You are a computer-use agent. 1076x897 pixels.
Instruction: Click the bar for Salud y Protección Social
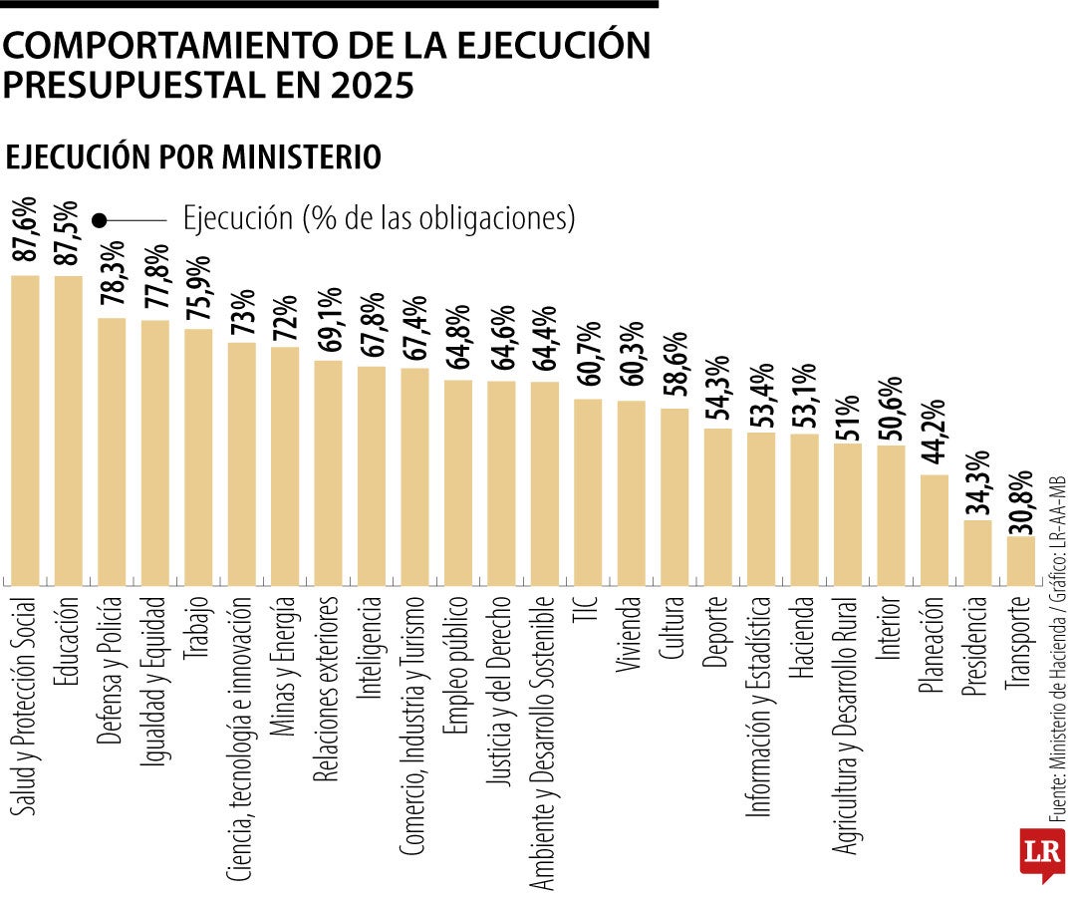[25, 430]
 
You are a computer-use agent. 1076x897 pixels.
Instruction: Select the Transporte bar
[1021, 560]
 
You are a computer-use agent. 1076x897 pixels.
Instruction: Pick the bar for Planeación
[934, 529]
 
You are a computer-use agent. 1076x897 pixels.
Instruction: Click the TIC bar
[588, 491]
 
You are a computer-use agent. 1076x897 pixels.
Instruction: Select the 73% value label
[241, 313]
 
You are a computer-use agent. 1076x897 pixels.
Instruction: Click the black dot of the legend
[100, 220]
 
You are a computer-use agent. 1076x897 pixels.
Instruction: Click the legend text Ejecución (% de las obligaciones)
[379, 217]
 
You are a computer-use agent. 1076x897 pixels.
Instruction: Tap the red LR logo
[1042, 853]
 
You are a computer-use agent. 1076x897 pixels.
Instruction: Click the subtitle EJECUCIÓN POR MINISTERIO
[194, 157]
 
